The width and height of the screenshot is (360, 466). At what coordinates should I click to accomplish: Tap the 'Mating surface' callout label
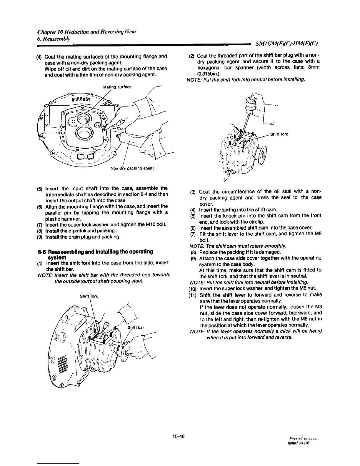pos(117,87)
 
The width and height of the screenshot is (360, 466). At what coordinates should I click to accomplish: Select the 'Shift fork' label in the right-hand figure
pos(279,134)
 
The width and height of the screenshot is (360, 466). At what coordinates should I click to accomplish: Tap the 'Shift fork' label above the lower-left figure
pos(89,296)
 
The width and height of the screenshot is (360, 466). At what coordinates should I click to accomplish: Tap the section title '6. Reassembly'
pos(55,38)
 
